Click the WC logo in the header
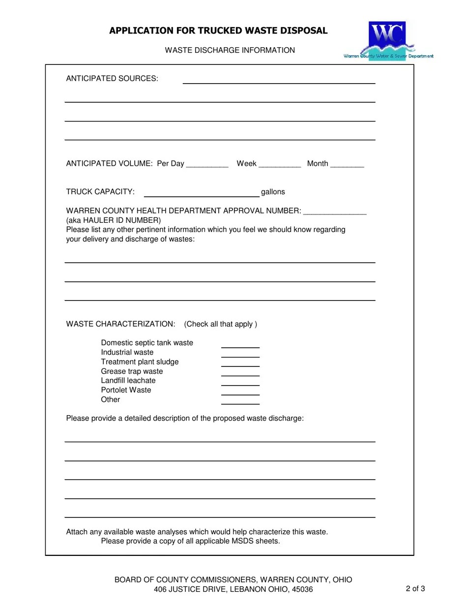tap(388, 39)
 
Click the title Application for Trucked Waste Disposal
tap(218, 30)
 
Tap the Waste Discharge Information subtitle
tap(230, 50)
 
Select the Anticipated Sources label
tap(112, 79)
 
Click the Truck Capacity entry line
tap(201, 193)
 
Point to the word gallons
tap(273, 192)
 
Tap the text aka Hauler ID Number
tap(114, 220)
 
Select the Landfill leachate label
tap(128, 381)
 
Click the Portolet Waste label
tap(126, 390)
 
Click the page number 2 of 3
tap(415, 589)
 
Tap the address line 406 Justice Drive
tap(233, 589)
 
